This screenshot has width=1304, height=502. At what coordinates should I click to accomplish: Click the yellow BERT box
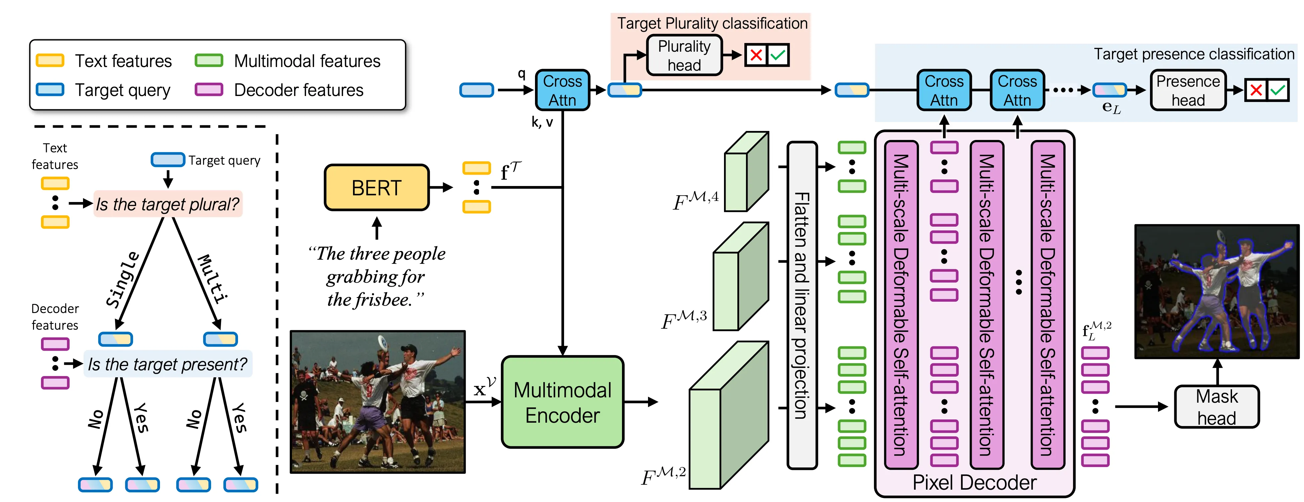(x=377, y=188)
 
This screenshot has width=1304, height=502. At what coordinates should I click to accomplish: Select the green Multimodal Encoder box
(x=562, y=402)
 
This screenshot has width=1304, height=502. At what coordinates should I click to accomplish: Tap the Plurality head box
(x=684, y=56)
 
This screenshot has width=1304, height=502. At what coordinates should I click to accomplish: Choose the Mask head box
(x=1216, y=407)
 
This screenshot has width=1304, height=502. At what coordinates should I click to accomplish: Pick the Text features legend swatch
(x=50, y=61)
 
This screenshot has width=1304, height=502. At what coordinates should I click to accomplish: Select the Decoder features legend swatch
(x=209, y=90)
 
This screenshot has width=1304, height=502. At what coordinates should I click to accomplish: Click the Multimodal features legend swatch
(x=209, y=61)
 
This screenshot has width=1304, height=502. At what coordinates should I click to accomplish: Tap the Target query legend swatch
(x=50, y=90)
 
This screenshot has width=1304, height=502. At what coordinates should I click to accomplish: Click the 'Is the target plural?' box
(x=168, y=204)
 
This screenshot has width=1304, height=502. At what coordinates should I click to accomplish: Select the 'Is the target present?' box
(x=168, y=364)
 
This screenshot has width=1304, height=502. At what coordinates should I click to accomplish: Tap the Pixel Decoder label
(x=974, y=482)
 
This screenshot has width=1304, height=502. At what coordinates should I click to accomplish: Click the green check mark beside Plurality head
(x=778, y=55)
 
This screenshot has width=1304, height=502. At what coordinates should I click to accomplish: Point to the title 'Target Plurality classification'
(x=712, y=23)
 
